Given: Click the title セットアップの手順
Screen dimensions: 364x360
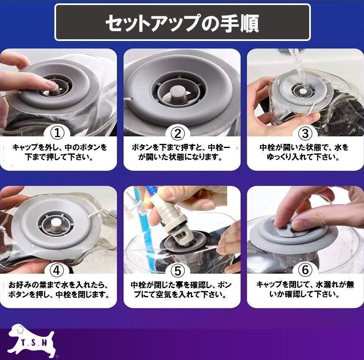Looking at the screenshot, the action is [x=182, y=23].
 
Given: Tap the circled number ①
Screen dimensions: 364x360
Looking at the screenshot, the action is [x=57, y=133].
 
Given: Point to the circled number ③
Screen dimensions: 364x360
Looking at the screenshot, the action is [x=305, y=133].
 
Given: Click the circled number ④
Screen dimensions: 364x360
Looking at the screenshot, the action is [x=56, y=271].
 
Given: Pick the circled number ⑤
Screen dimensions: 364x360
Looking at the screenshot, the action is [x=177, y=271].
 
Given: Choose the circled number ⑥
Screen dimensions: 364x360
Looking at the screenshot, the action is [x=305, y=270].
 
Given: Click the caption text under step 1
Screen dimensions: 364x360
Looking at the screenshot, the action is [x=59, y=152].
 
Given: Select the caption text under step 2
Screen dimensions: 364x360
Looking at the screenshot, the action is [x=181, y=152].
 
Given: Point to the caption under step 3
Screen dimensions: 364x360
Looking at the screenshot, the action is [x=304, y=152].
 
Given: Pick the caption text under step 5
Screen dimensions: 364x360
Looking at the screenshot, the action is [x=181, y=289].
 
